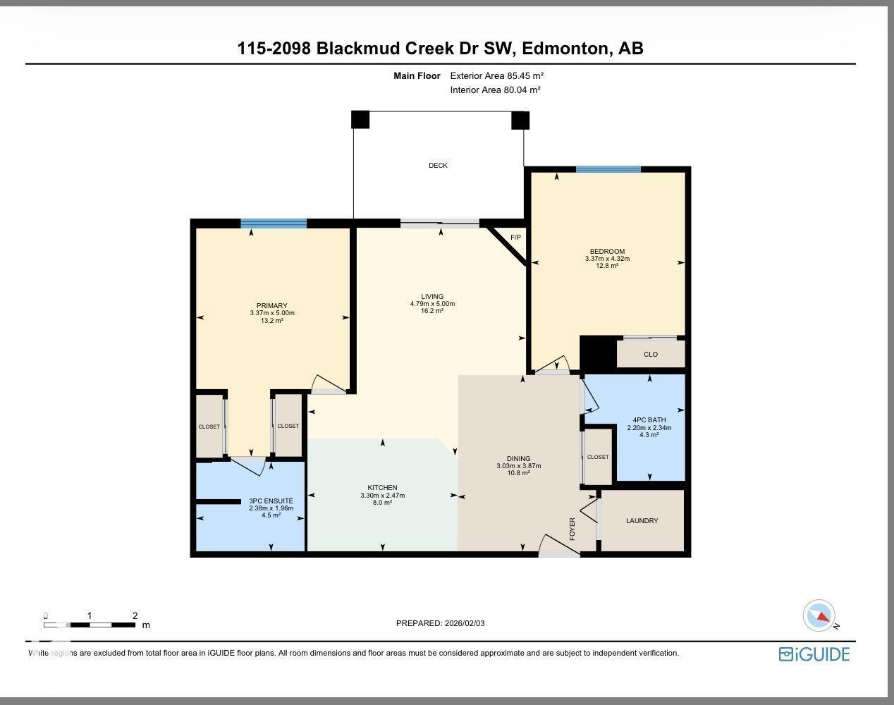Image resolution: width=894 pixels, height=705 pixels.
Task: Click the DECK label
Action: click(438, 166)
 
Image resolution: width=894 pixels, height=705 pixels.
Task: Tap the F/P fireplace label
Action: click(515, 238)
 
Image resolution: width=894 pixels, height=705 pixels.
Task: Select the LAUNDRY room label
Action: click(642, 521)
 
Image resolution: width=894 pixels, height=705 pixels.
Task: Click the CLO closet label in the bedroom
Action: click(650, 355)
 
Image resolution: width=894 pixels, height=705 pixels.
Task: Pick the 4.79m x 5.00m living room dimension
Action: click(432, 304)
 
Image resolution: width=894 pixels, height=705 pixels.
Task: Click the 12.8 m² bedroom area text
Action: click(607, 266)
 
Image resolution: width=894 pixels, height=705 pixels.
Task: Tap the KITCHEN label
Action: click(382, 488)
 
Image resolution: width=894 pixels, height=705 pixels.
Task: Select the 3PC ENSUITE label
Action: click(271, 501)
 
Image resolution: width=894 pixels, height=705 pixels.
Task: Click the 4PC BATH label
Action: click(649, 420)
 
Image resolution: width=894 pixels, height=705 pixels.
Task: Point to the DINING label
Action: click(518, 458)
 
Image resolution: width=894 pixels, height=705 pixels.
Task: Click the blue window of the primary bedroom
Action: click(274, 224)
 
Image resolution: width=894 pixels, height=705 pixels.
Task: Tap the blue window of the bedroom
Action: click(608, 169)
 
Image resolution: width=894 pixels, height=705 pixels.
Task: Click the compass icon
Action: click(819, 615)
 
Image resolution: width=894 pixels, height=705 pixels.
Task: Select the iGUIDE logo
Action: click(814, 654)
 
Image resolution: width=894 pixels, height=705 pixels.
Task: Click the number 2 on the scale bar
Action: click(135, 615)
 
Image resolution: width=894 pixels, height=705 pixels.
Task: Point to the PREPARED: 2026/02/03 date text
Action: click(441, 623)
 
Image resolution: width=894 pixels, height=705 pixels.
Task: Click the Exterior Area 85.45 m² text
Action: click(497, 76)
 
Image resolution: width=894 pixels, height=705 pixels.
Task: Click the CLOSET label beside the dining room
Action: click(598, 457)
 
